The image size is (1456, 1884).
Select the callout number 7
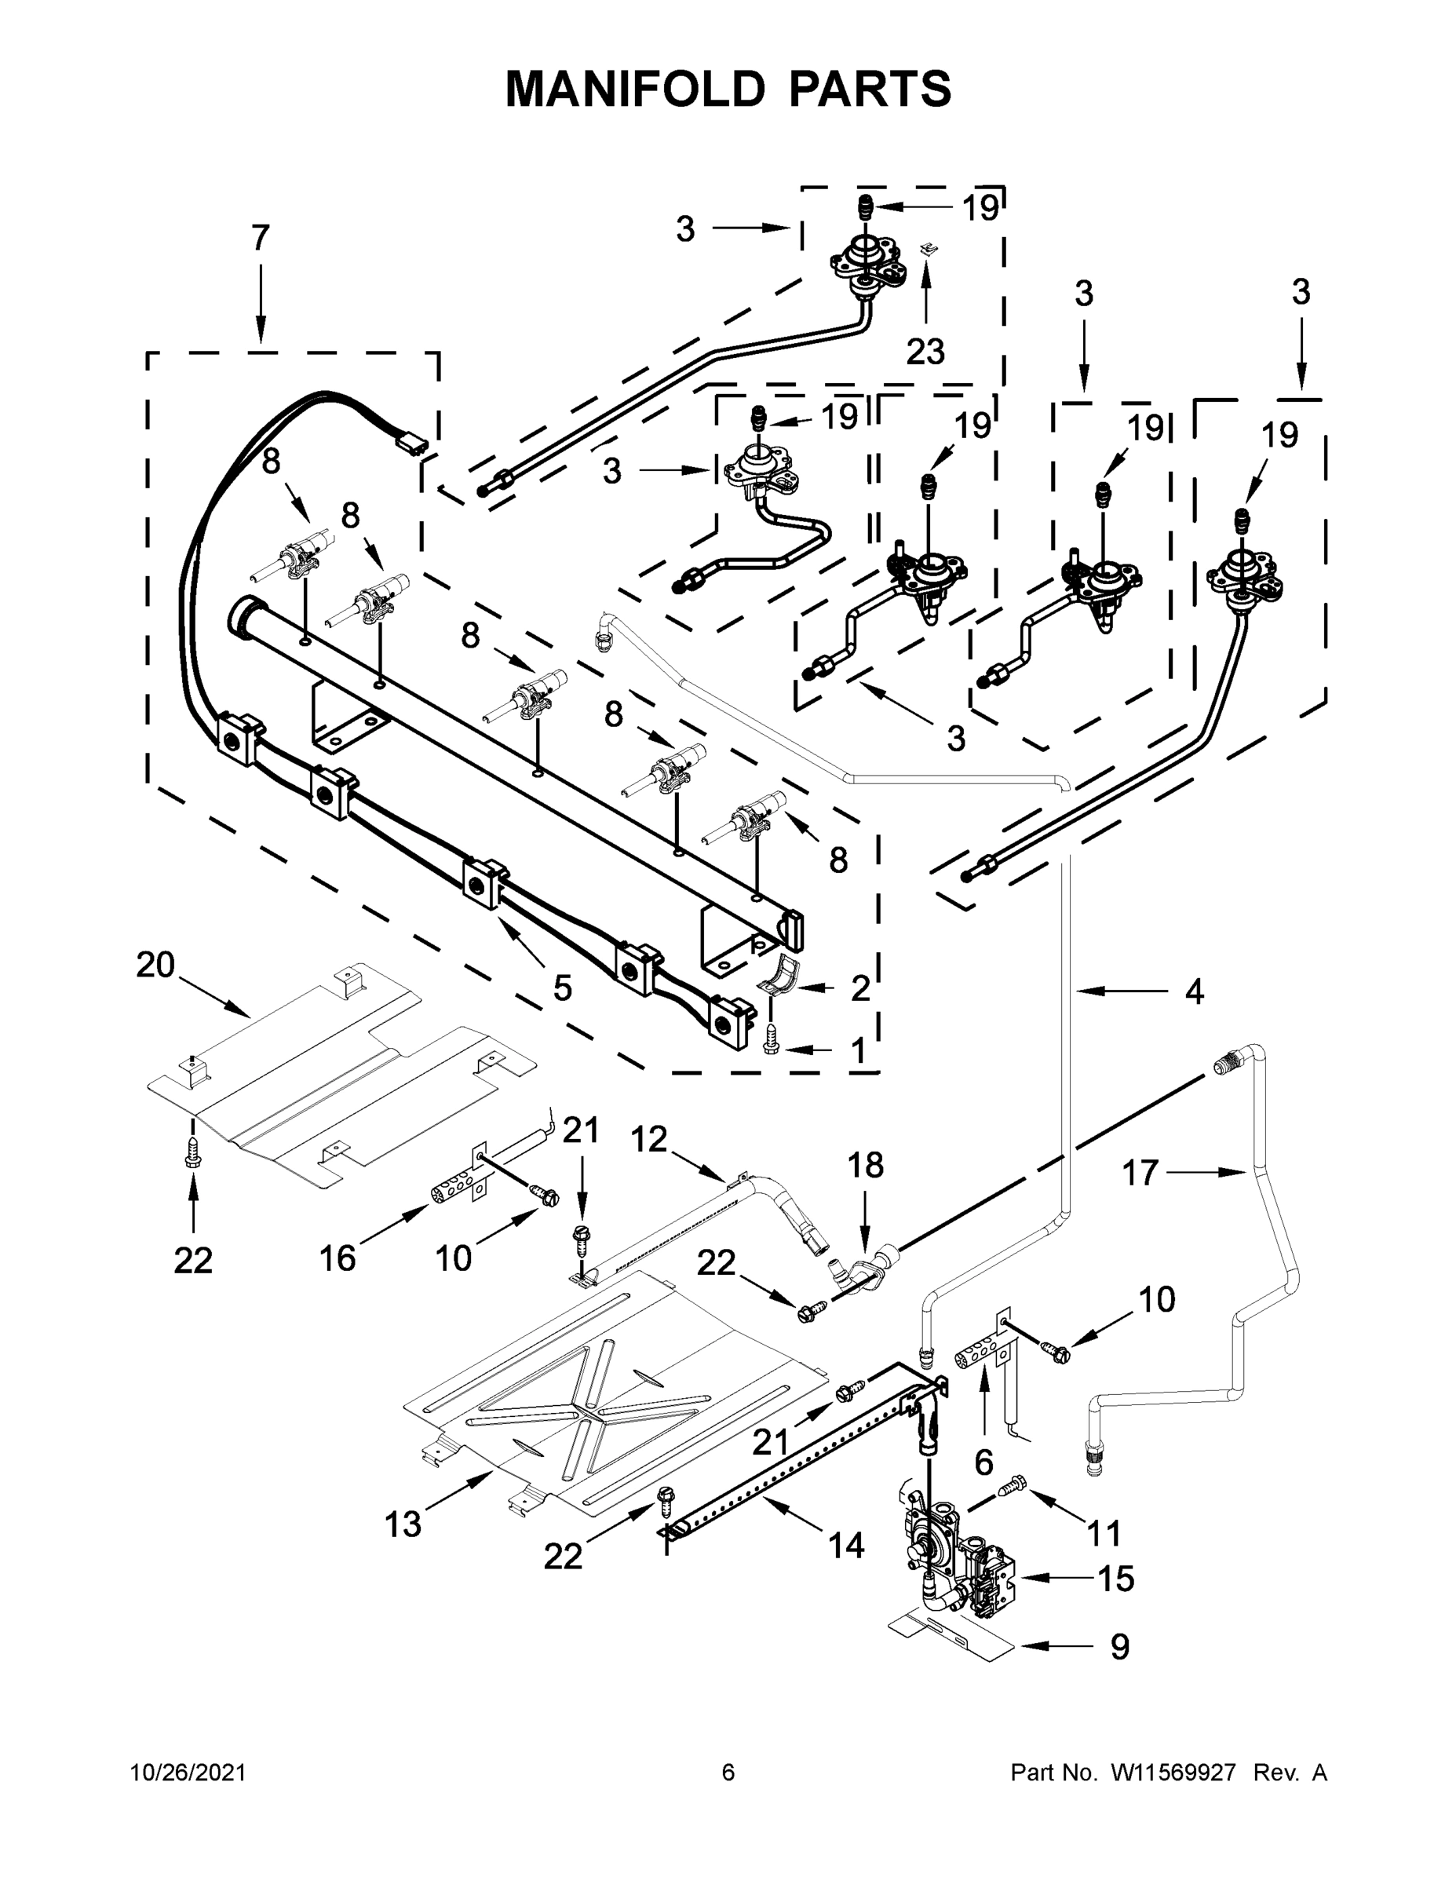[x=261, y=238]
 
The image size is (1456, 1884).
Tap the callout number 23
[x=925, y=351]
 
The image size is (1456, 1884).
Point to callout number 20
[x=155, y=965]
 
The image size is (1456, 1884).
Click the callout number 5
[x=563, y=988]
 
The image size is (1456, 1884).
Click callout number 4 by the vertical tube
[x=1193, y=992]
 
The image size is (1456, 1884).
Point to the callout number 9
[x=1118, y=1647]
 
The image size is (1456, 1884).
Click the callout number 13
[x=403, y=1524]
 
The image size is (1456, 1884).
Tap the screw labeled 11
[x=1014, y=1485]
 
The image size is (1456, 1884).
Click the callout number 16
[x=338, y=1258]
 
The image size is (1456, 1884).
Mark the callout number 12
[x=648, y=1140]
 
